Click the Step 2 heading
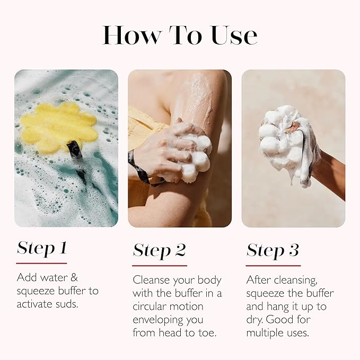[x=159, y=250]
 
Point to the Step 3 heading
[x=273, y=250]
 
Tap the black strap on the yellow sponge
[x=77, y=159]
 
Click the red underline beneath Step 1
[x=41, y=263]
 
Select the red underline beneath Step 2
[x=159, y=265]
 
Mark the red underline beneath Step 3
[x=273, y=265]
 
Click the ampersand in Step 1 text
[x=73, y=277]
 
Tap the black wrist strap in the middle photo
[x=139, y=167]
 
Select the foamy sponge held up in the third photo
[x=284, y=141]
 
